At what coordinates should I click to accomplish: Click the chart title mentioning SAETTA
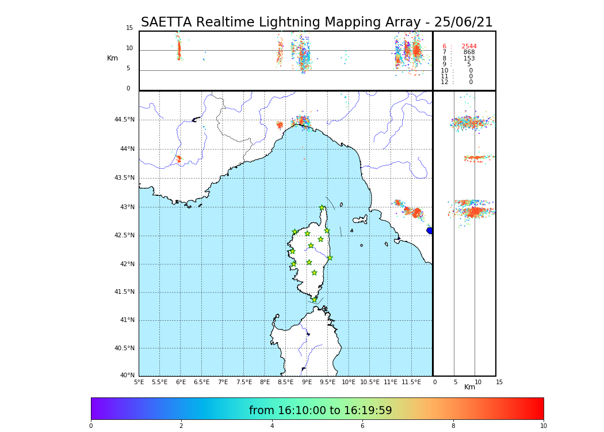coord(316,22)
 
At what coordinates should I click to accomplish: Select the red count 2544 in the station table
coord(469,46)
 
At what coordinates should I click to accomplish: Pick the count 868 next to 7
coord(469,52)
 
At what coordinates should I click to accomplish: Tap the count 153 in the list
coord(469,59)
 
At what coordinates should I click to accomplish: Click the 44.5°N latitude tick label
coord(124,120)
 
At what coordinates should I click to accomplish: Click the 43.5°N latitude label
coord(124,178)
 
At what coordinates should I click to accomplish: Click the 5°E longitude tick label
coord(139,382)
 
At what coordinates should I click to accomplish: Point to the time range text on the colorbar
coord(320,411)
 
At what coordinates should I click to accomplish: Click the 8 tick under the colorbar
coord(453,426)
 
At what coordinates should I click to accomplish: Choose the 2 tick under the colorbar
coord(181,426)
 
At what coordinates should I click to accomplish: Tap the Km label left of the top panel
coord(112,58)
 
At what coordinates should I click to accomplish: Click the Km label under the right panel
coord(469,387)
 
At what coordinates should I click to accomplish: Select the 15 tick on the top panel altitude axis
coord(129,28)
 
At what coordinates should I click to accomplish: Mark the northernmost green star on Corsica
coord(322,208)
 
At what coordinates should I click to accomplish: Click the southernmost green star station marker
coord(314,300)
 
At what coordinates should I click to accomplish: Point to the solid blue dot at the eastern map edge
coord(430,230)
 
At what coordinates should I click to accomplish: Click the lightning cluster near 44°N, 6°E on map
coord(178,158)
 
